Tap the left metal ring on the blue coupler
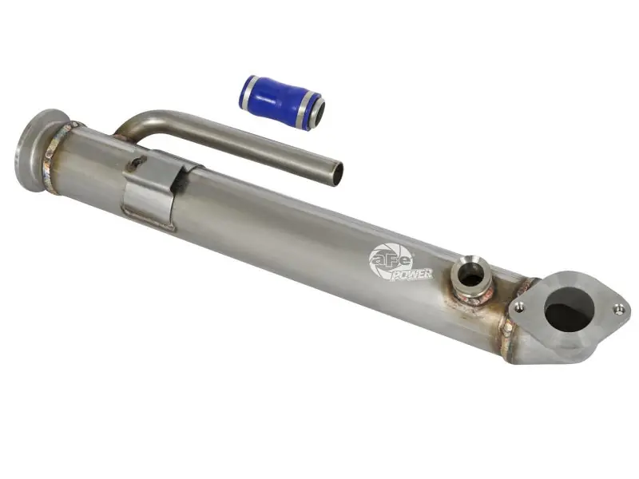248,91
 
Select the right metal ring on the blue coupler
308,110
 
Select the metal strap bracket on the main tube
152,192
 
